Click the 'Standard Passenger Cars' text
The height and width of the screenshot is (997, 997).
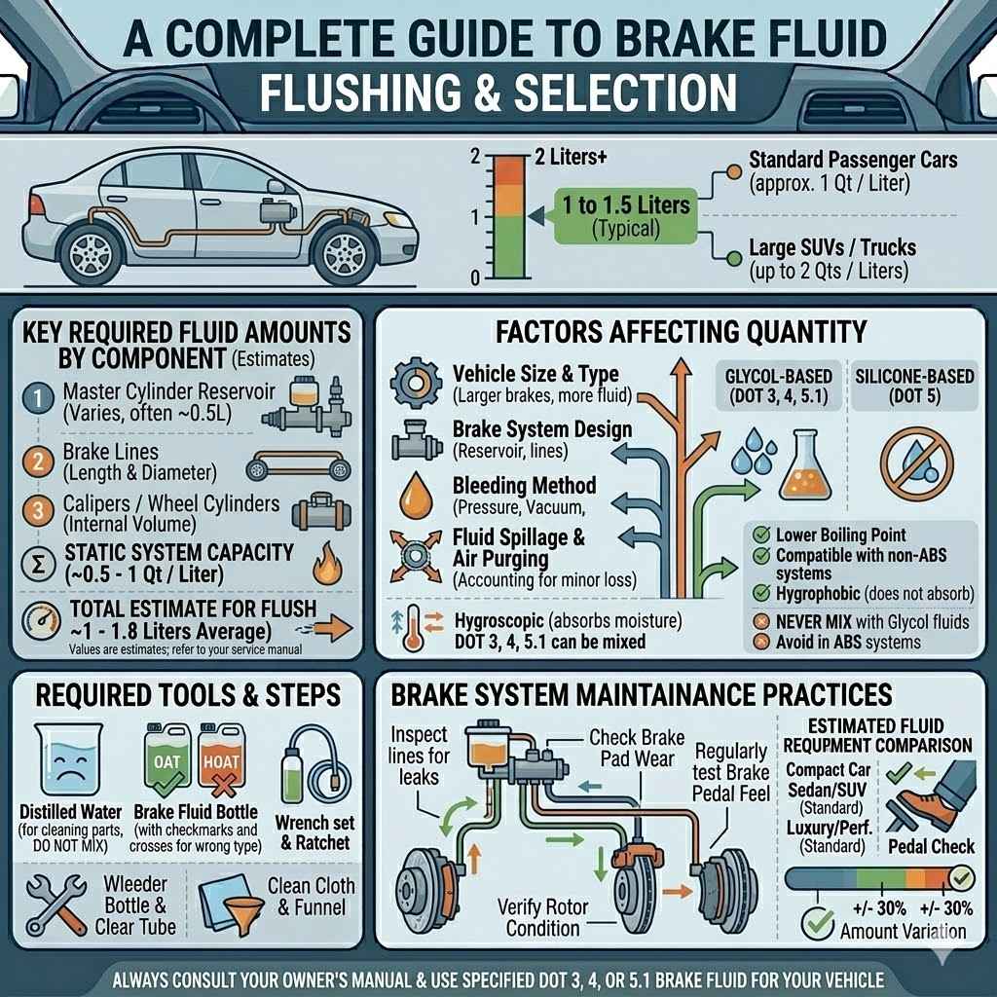point(853,159)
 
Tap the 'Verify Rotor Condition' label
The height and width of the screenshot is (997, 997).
point(543,917)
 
